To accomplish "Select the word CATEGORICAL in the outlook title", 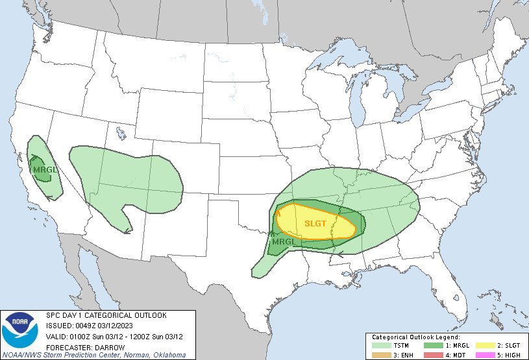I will tap(105, 315).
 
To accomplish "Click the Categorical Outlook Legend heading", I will tap(415, 337).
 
